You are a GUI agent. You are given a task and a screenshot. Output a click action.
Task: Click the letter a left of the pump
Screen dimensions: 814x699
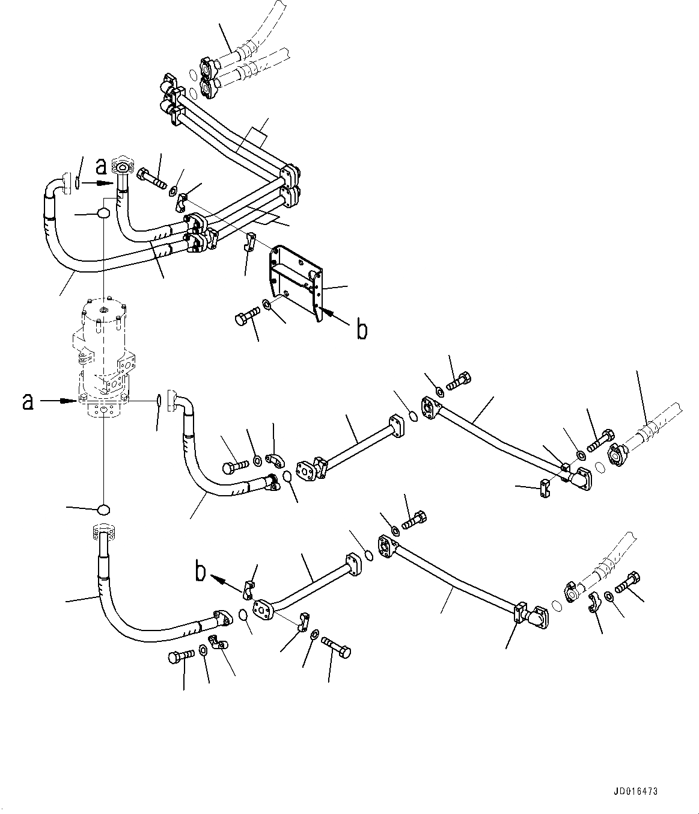click(x=28, y=401)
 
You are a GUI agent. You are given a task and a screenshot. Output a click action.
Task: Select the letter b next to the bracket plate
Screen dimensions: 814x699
click(x=361, y=329)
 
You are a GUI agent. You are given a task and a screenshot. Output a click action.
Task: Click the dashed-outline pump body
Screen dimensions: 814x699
click(x=102, y=355)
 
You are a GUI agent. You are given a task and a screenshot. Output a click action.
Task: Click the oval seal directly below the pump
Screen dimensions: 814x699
click(x=103, y=510)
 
